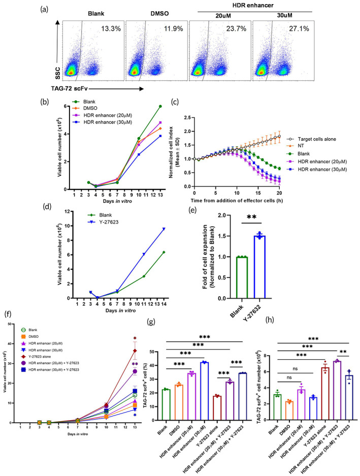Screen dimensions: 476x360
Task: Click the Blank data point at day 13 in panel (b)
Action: pos(160,106)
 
